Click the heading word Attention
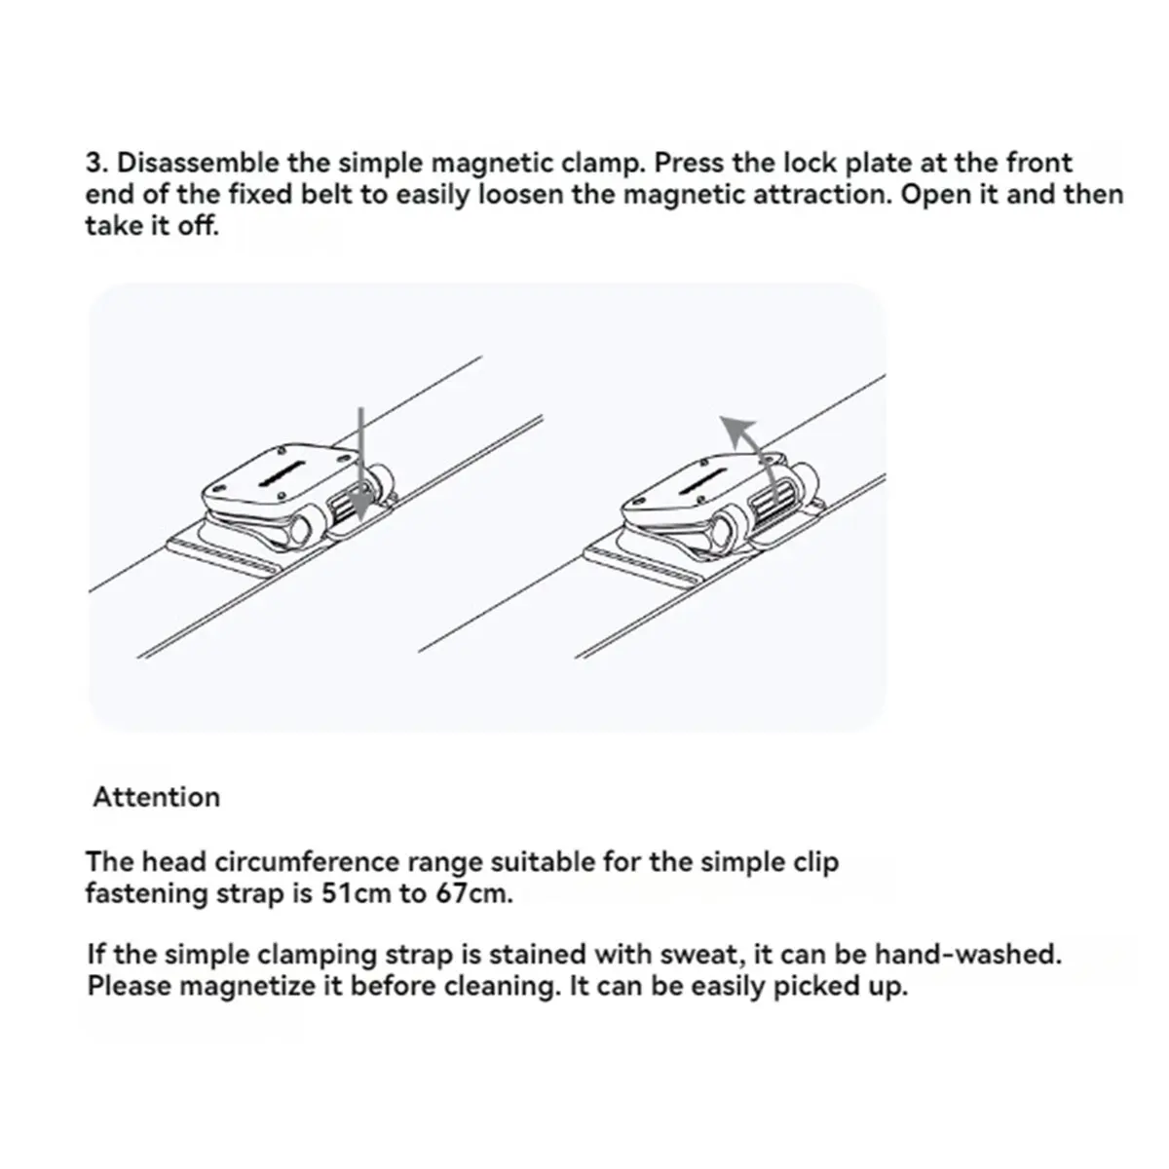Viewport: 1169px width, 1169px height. click(157, 797)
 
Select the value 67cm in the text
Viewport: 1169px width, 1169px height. click(473, 893)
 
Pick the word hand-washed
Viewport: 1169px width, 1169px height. click(967, 955)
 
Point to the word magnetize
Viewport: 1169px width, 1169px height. click(249, 986)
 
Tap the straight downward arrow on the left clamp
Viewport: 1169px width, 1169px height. click(361, 464)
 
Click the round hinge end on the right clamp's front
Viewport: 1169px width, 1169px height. click(725, 532)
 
